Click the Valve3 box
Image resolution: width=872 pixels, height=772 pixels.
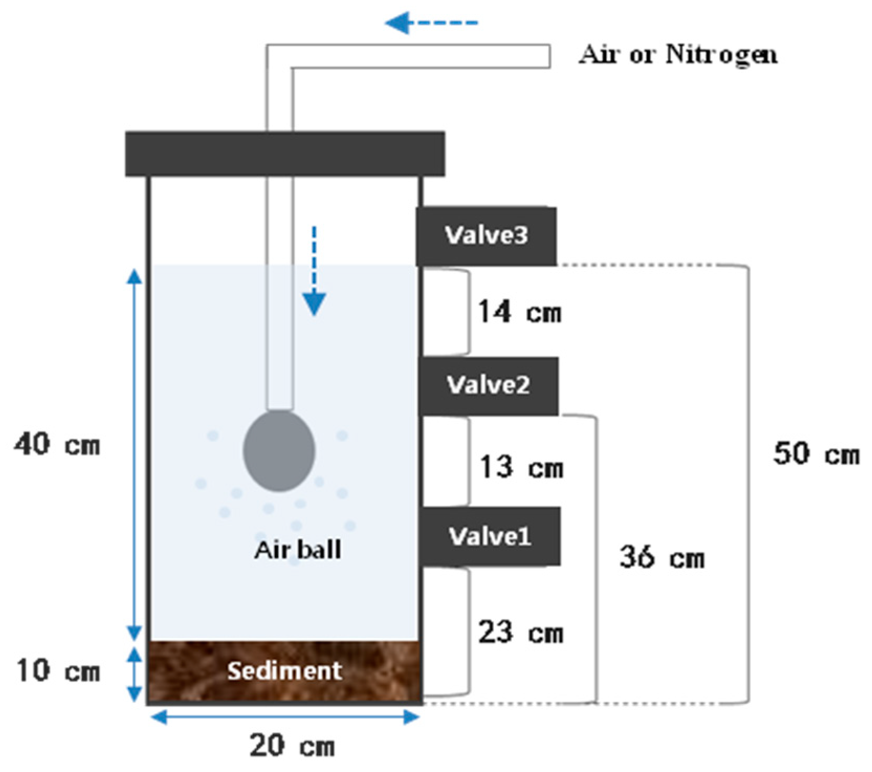click(486, 236)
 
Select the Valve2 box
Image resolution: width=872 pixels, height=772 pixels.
click(488, 386)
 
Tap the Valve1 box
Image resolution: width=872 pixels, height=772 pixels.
click(490, 537)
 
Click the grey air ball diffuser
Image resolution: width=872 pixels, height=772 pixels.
click(279, 451)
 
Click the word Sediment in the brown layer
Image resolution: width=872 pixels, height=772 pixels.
click(284, 671)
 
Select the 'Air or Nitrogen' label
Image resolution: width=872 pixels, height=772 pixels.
click(678, 55)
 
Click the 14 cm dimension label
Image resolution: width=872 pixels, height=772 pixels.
click(520, 312)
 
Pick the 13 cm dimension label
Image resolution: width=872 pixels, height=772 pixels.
click(522, 467)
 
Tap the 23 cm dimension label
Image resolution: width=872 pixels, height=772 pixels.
click(521, 633)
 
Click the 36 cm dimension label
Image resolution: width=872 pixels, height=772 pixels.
click(662, 558)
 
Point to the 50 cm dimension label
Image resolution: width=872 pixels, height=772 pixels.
click(816, 454)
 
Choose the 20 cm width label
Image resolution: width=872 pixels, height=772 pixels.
click(292, 746)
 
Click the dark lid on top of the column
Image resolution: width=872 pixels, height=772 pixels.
click(285, 154)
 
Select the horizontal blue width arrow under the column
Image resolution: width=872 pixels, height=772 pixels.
click(285, 717)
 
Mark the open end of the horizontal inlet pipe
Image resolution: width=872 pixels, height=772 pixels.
click(548, 56)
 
